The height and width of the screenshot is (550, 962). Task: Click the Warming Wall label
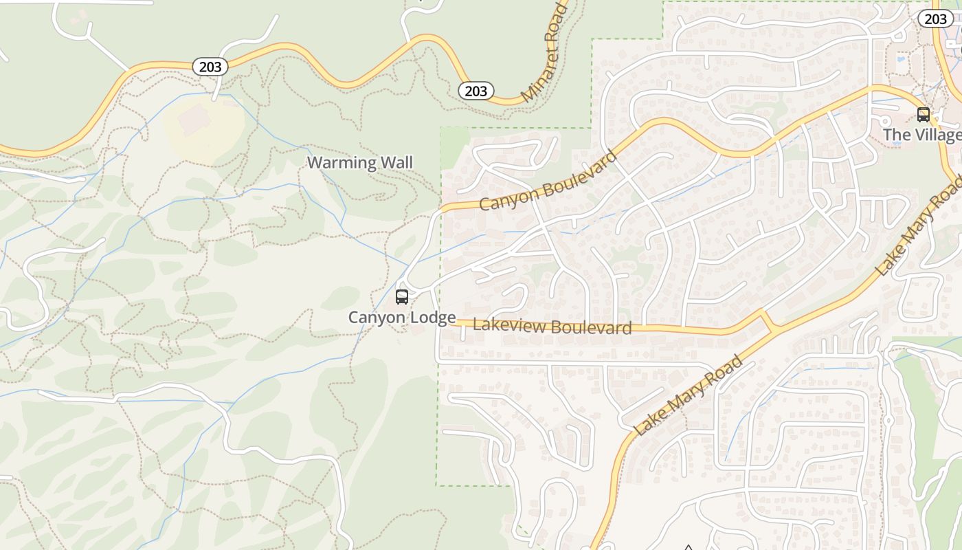[360, 163]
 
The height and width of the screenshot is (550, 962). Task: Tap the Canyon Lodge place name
[401, 318]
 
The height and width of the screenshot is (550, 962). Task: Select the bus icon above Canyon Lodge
[402, 297]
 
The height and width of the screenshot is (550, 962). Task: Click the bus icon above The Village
[924, 115]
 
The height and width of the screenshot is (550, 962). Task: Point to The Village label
[921, 135]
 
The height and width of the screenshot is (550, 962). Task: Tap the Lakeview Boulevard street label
[552, 327]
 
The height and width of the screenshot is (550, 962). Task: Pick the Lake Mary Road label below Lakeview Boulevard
[689, 395]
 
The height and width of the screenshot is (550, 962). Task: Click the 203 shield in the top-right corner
[935, 19]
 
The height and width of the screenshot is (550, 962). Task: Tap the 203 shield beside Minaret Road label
[476, 91]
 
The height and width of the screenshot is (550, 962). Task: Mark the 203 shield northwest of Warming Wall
[210, 67]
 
